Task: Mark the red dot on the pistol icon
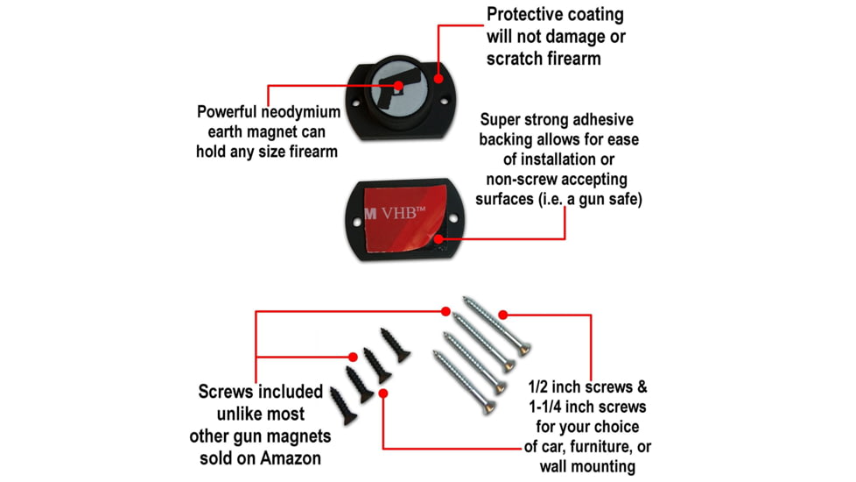click(398, 86)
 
